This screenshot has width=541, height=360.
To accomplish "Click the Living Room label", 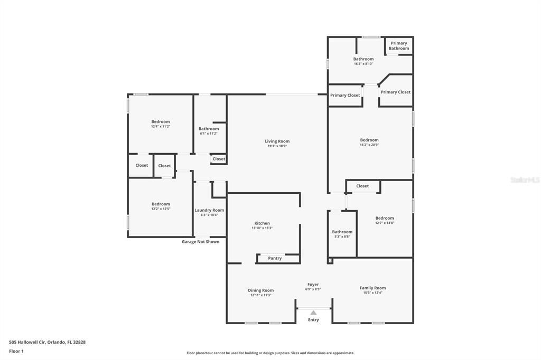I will tap(277, 141).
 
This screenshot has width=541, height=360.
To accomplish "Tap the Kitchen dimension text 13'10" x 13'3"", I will tap(262, 228).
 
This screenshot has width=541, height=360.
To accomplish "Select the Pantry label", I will tap(275, 258).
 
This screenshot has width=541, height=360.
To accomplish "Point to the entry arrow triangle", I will tap(313, 312).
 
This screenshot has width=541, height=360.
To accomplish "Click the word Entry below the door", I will tap(313, 320).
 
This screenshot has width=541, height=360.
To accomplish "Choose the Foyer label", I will tap(313, 285).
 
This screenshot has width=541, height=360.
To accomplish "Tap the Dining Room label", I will tap(261, 290).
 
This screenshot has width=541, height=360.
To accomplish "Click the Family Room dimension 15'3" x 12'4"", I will tap(372, 292).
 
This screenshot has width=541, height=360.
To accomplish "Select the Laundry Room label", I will tap(209, 210).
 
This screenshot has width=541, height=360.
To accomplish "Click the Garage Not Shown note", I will tap(200, 242).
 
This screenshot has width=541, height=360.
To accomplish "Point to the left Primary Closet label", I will tap(345, 96).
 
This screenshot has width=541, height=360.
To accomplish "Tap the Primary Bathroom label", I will tap(399, 46).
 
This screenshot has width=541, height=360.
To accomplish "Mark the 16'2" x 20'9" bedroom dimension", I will tap(369, 145).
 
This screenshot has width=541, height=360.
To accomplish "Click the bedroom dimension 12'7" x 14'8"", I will tap(385, 223).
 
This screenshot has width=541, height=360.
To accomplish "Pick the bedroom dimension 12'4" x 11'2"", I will tap(161, 126).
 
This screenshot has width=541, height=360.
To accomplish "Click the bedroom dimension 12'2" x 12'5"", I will tap(161, 209).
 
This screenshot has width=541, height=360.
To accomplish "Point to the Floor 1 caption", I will tap(17, 351).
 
